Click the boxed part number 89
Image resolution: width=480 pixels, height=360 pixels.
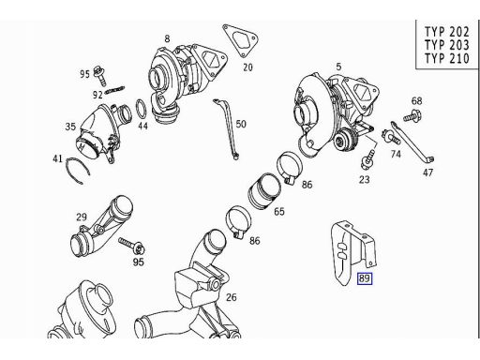coord(365,278)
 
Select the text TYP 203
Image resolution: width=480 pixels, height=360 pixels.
coord(446,45)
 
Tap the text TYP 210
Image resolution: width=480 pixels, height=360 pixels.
coord(446,58)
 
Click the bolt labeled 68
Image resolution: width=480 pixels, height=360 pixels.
coord(412,115)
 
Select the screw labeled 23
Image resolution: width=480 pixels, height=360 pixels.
coord(367,158)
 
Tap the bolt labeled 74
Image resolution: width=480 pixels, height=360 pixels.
coord(391,136)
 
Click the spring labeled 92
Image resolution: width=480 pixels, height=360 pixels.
coord(115,90)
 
